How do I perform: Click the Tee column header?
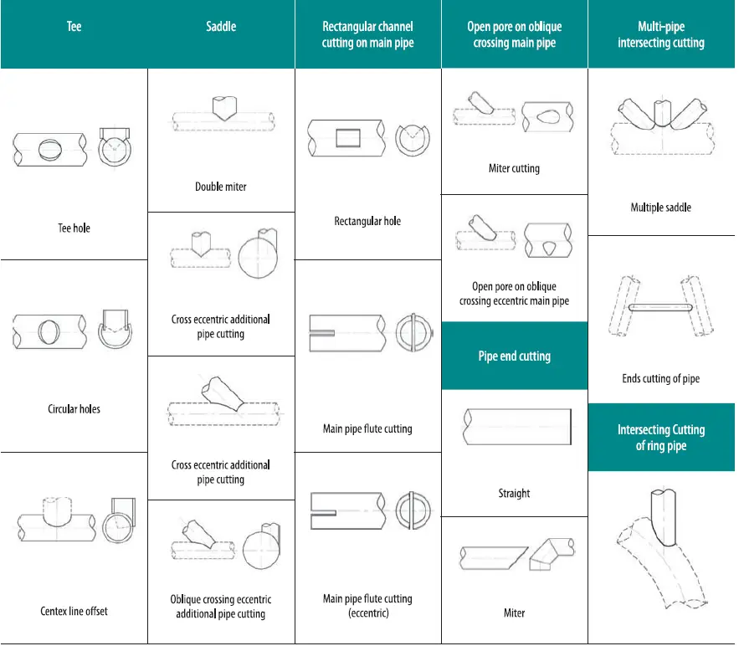pyautogui.click(x=74, y=28)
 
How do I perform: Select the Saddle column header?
pyautogui.click(x=221, y=27)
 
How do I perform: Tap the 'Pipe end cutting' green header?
pyautogui.click(x=514, y=356)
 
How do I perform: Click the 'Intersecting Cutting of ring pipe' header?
pyautogui.click(x=661, y=438)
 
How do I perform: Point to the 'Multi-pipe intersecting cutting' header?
pyautogui.click(x=661, y=34)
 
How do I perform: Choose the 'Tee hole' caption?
pyautogui.click(x=74, y=228)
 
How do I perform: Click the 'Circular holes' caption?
pyautogui.click(x=74, y=409)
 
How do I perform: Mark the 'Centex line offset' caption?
pyautogui.click(x=74, y=611)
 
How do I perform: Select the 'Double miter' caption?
pyautogui.click(x=221, y=187)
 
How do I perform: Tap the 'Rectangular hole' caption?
pyautogui.click(x=368, y=221)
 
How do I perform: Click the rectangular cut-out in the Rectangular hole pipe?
pyautogui.click(x=347, y=137)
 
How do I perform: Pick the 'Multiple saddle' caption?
pyautogui.click(x=661, y=207)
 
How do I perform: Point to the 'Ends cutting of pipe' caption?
pyautogui.click(x=661, y=378)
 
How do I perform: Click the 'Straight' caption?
pyautogui.click(x=514, y=494)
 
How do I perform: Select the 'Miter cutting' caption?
pyautogui.click(x=514, y=168)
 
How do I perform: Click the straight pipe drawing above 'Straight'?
pyautogui.click(x=516, y=427)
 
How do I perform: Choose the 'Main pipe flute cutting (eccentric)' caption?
pyautogui.click(x=368, y=606)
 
